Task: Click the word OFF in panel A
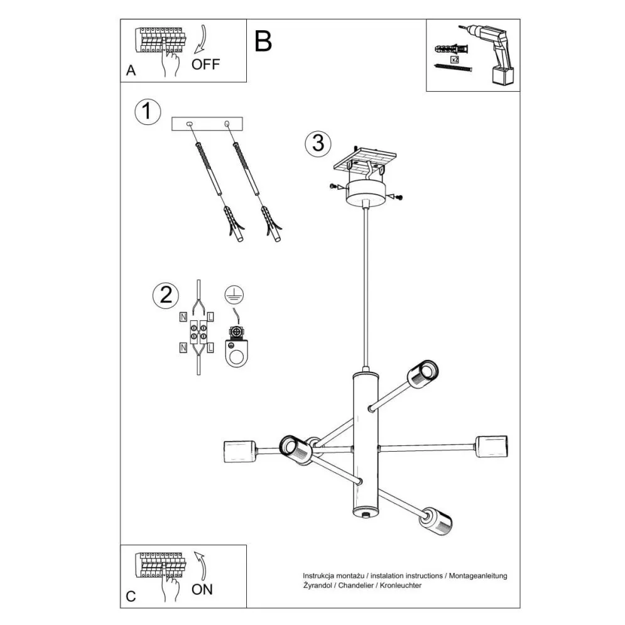coord(206,64)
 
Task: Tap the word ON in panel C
coord(202,589)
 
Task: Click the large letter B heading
coord(264,41)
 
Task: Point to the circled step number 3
coord(318,143)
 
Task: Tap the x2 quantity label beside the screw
coord(455,58)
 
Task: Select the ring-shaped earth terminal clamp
coord(236,352)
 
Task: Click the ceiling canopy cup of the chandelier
coord(366,192)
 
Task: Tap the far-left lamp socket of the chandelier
coord(239,452)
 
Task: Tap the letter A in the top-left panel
coord(131,70)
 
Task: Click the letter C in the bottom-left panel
coord(131,597)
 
